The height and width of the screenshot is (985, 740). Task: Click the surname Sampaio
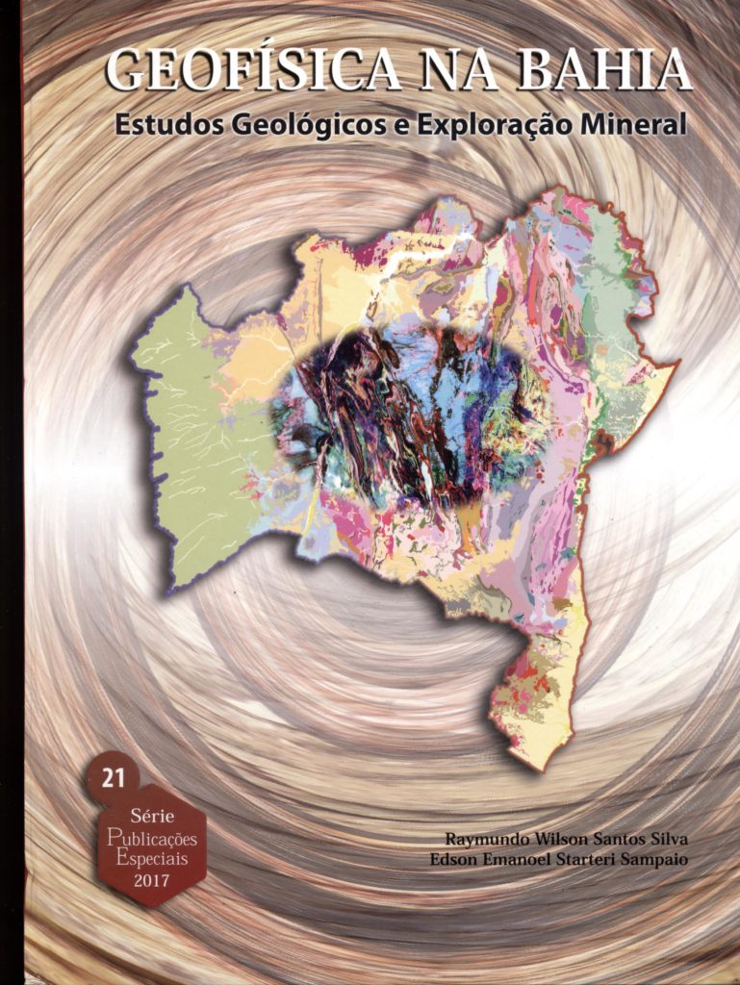tap(654, 859)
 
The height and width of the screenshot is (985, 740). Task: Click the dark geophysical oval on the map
tap(404, 414)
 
